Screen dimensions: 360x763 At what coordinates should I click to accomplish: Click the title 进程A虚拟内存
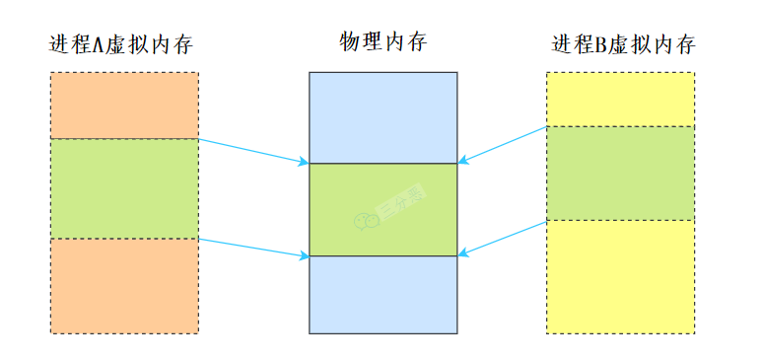click(x=119, y=45)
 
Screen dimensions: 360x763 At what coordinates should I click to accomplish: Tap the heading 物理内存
click(x=383, y=41)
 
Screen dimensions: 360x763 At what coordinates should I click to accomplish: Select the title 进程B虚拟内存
click(x=623, y=45)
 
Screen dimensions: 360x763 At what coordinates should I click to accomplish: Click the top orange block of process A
click(x=123, y=106)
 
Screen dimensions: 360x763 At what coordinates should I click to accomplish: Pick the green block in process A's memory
click(x=123, y=188)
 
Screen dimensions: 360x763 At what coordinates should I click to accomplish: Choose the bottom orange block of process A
click(x=123, y=285)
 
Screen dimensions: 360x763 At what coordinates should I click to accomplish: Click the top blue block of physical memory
click(x=383, y=117)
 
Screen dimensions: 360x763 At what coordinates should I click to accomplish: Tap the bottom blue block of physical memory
click(x=383, y=294)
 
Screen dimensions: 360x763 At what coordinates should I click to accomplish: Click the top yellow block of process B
click(x=620, y=99)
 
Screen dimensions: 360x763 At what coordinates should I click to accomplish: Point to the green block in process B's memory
click(x=620, y=173)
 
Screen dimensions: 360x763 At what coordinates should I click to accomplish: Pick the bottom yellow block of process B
click(x=620, y=275)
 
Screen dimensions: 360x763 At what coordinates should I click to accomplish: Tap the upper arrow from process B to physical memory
click(x=503, y=144)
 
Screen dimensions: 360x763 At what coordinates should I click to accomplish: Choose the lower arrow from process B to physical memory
click(x=503, y=238)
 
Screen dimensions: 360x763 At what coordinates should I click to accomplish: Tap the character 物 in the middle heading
click(x=350, y=41)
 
